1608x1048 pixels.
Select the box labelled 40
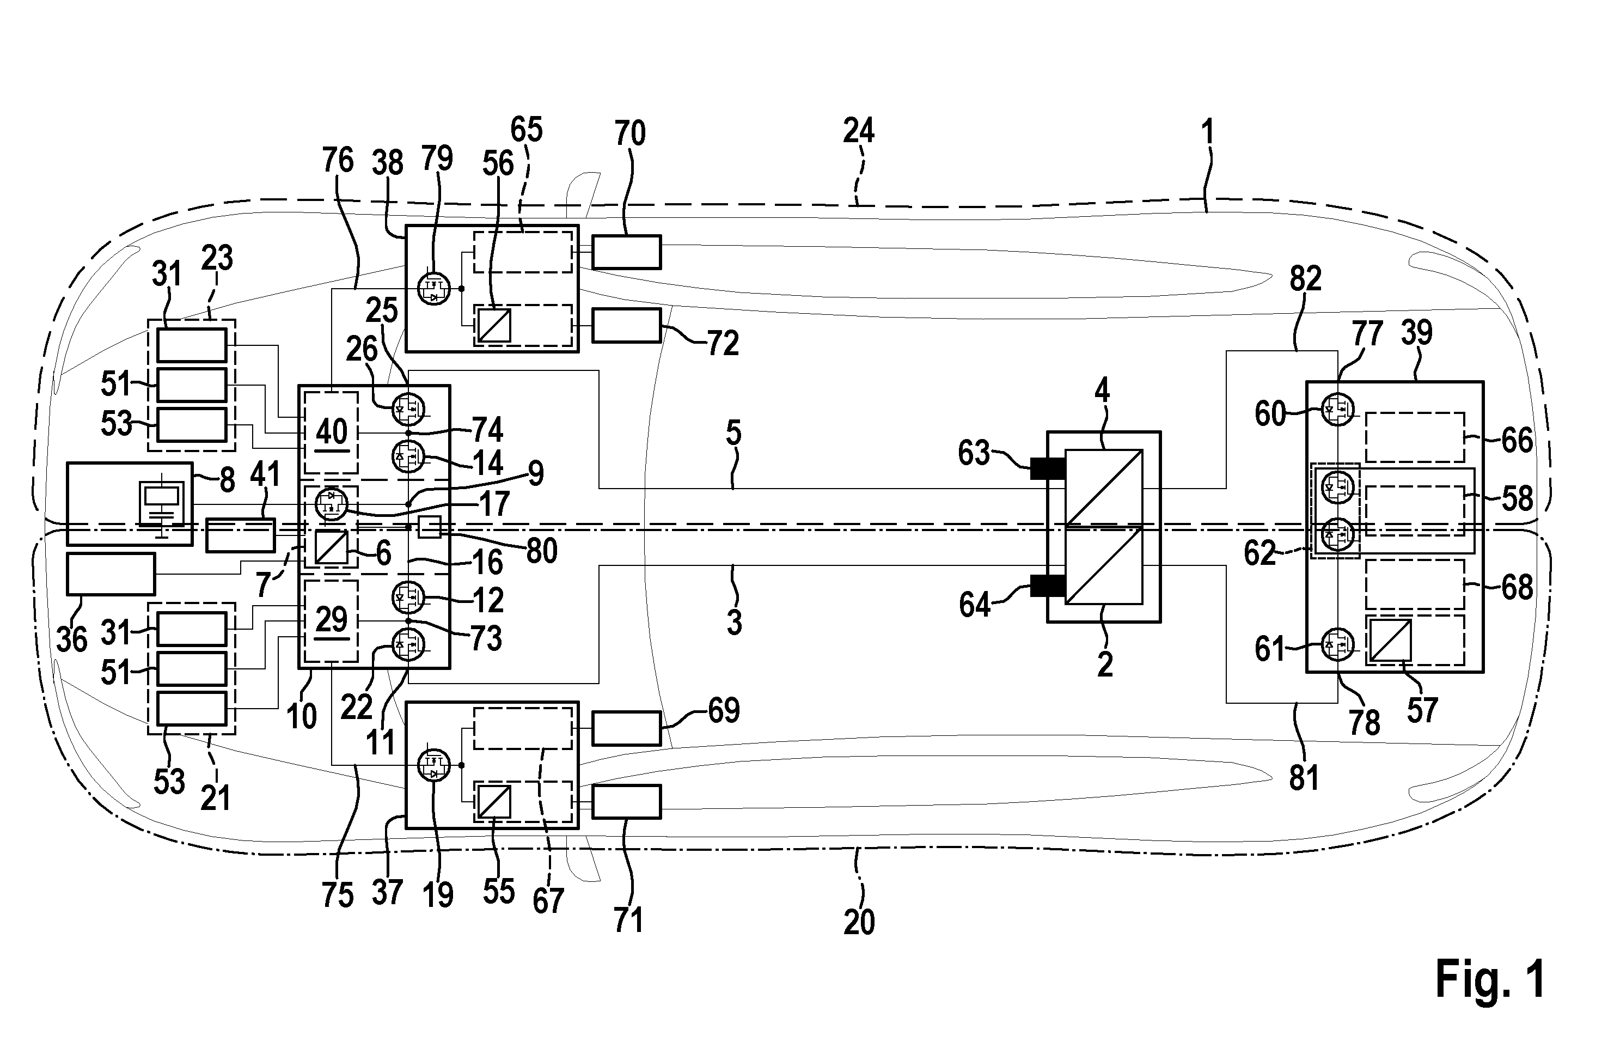click(x=331, y=432)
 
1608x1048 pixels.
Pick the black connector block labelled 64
click(x=1047, y=584)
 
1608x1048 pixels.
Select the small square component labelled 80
click(x=430, y=526)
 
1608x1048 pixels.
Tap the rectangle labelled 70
click(x=626, y=253)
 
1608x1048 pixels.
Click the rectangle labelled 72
click(x=626, y=326)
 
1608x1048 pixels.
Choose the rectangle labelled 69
click(x=626, y=728)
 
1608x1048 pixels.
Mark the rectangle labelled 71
click(x=626, y=801)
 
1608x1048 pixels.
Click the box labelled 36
click(x=111, y=574)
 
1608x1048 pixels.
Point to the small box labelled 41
click(x=241, y=534)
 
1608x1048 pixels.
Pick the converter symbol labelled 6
click(x=332, y=547)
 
